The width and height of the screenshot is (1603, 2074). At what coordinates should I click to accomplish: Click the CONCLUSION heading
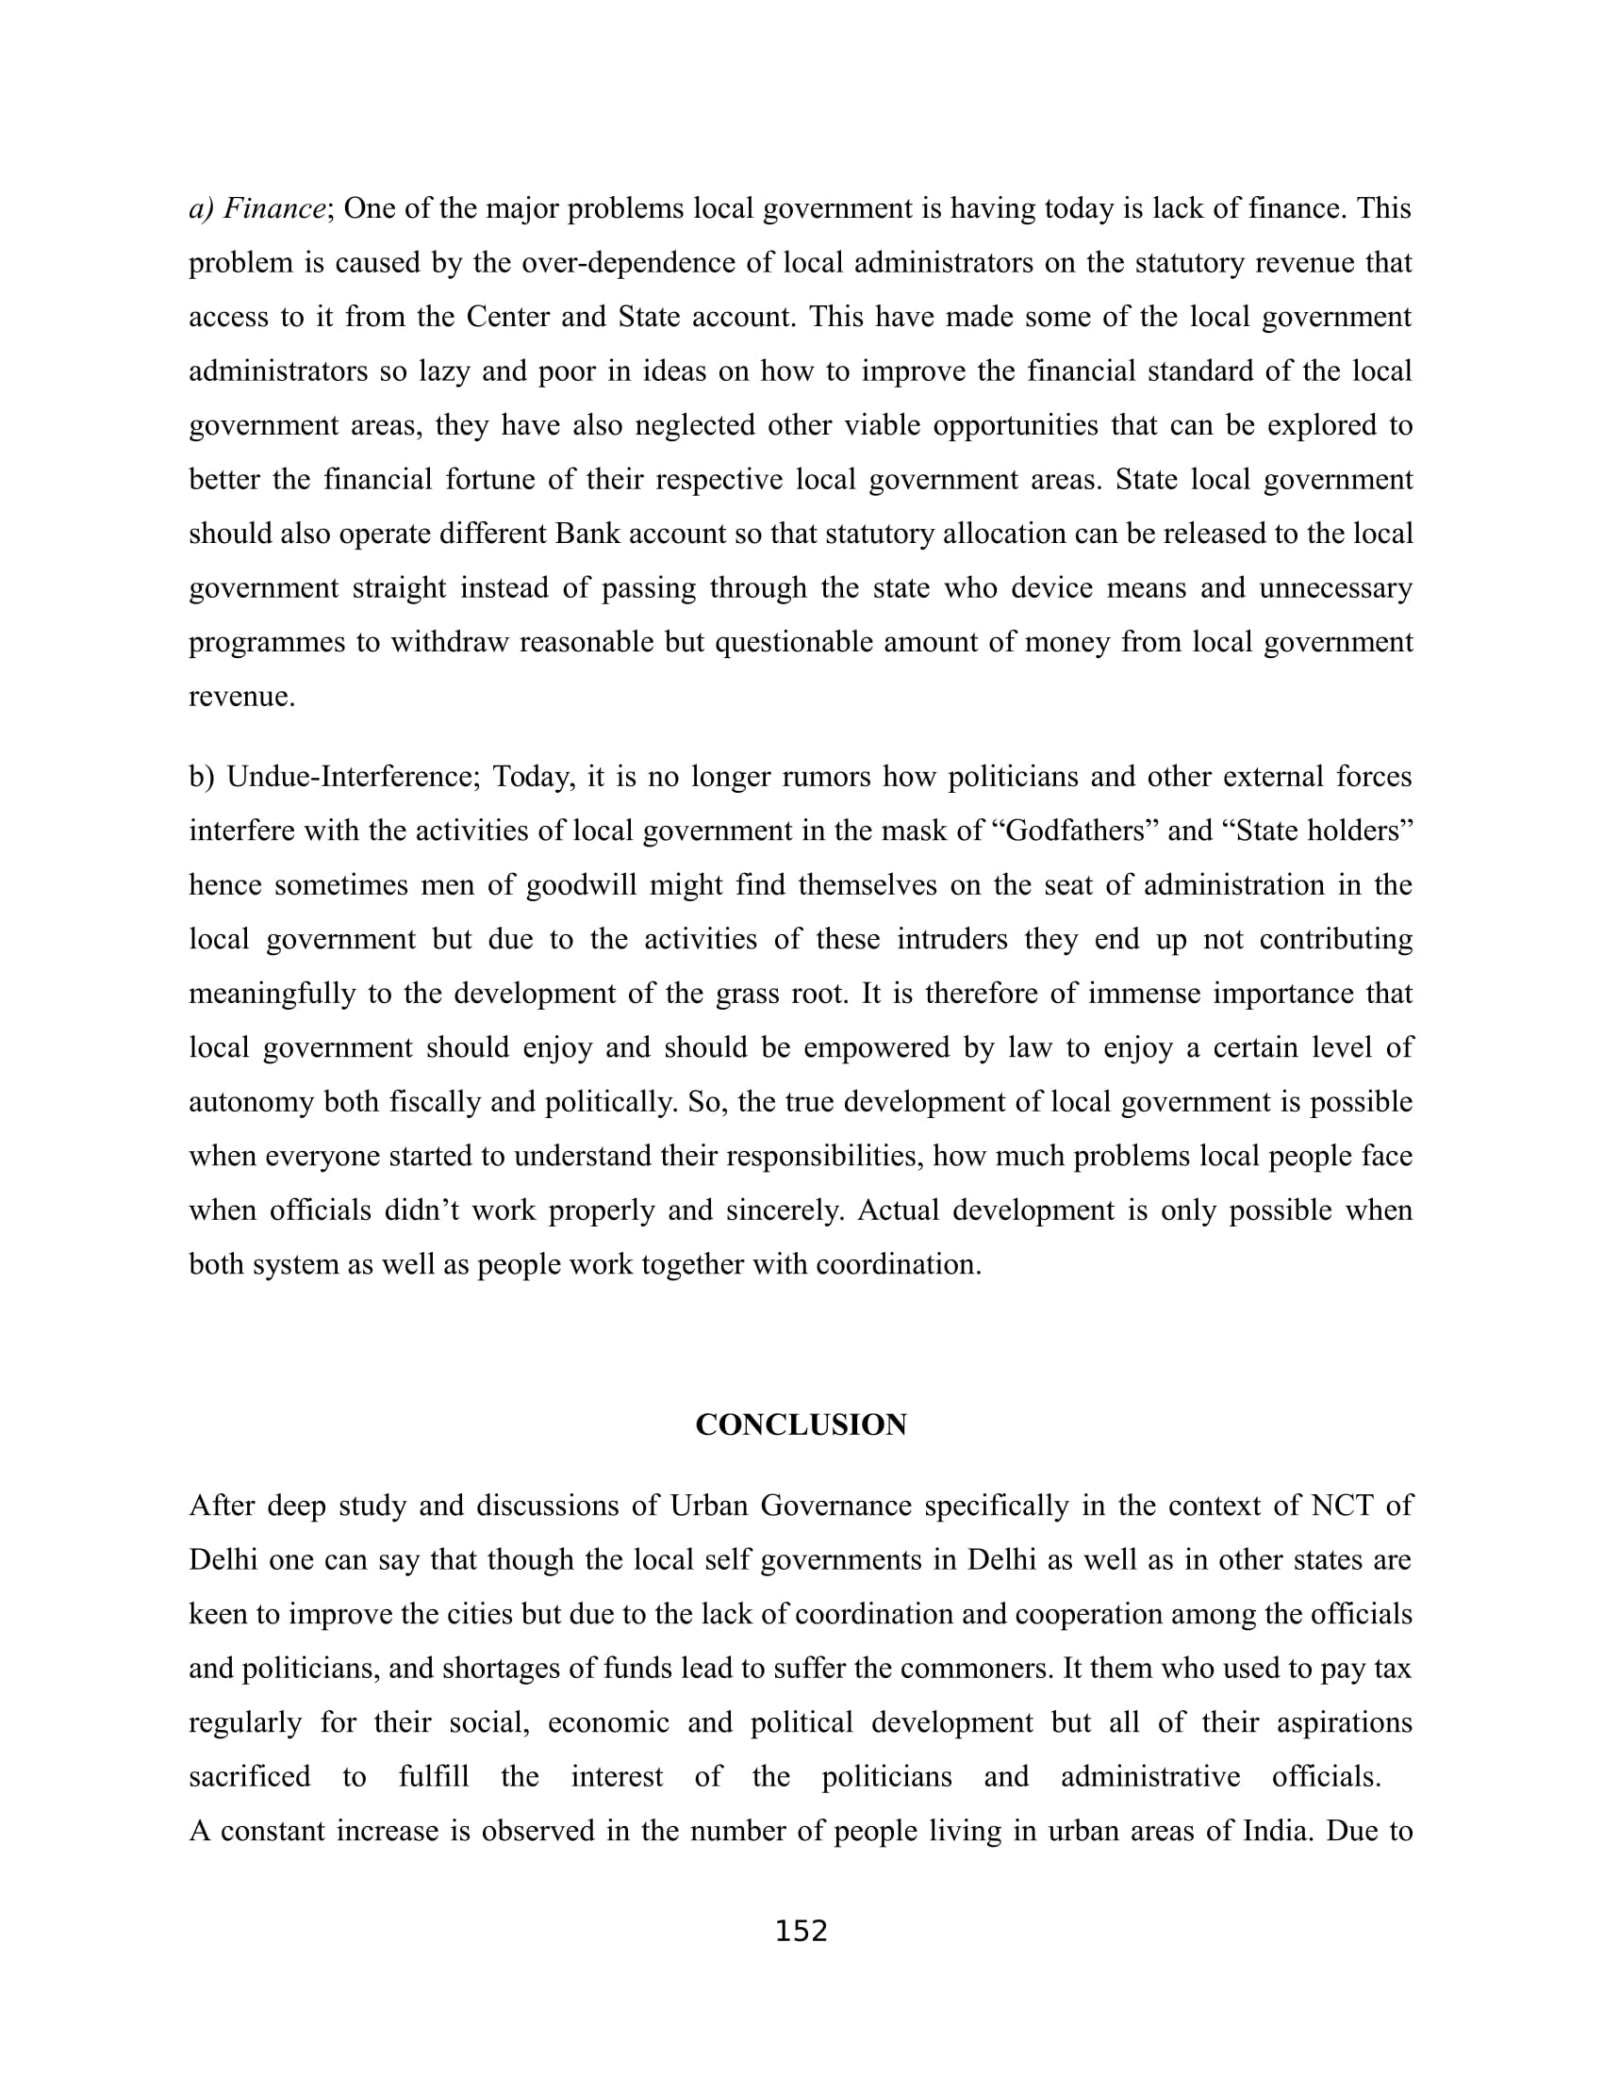click(x=801, y=1424)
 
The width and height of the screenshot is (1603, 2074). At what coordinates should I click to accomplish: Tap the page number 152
click(x=801, y=1931)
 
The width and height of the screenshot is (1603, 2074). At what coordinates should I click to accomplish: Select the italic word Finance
click(x=274, y=208)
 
